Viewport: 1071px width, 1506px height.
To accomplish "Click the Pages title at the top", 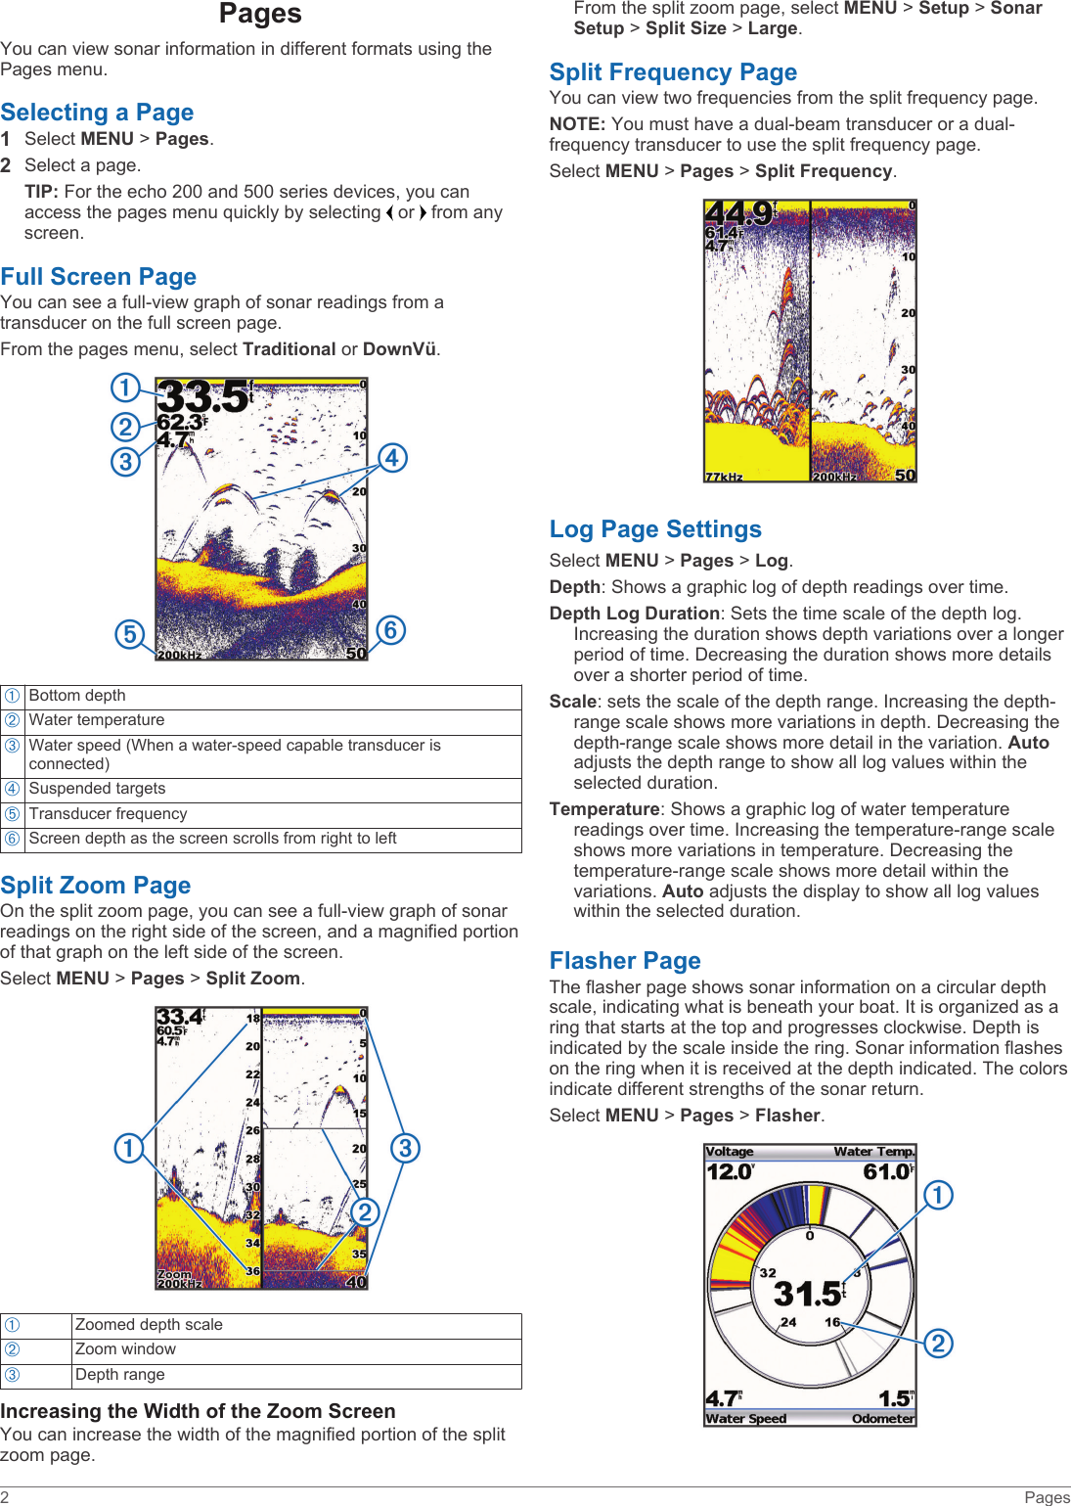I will [x=260, y=14].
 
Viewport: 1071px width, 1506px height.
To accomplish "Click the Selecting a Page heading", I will [x=97, y=113].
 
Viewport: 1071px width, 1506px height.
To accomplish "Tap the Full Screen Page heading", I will [x=98, y=277].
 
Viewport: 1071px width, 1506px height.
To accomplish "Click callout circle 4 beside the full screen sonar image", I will [x=392, y=458].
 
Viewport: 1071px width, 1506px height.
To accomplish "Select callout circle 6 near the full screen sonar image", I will [x=390, y=630].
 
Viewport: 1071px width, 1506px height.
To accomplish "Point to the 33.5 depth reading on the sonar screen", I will [x=203, y=397].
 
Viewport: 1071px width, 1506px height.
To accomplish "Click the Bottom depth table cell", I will [x=77, y=696].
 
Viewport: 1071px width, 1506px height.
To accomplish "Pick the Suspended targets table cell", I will [x=97, y=789].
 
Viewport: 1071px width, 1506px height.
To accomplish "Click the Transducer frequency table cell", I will [x=108, y=814].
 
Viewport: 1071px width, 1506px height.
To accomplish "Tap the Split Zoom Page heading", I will [x=95, y=886].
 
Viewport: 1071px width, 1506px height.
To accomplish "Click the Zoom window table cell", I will [x=125, y=1349].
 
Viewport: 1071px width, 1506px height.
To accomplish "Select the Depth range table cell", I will [x=119, y=1375].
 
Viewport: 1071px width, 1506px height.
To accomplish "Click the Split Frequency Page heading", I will [x=673, y=72].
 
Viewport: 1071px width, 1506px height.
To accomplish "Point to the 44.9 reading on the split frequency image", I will [x=738, y=213].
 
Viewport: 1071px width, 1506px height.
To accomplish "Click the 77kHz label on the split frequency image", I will [x=725, y=477].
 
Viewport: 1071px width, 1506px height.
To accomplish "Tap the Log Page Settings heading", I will [x=655, y=529].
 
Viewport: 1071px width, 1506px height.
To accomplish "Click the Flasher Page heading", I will [x=625, y=961].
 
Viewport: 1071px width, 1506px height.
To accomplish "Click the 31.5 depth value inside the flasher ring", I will [x=807, y=1295].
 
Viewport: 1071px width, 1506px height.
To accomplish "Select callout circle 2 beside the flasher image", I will [x=938, y=1344].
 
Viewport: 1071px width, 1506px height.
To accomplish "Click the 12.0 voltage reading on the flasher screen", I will [x=730, y=1171].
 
